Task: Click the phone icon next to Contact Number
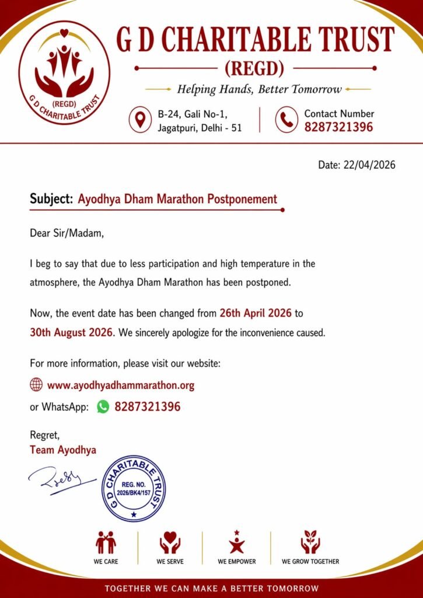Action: pyautogui.click(x=286, y=119)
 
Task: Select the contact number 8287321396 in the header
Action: pyautogui.click(x=338, y=127)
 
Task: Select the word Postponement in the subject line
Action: pyautogui.click(x=243, y=199)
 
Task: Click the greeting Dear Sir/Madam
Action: pyautogui.click(x=67, y=234)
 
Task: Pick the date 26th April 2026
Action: pyautogui.click(x=256, y=313)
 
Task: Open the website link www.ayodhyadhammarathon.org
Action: pyautogui.click(x=121, y=385)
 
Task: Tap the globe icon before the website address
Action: pyautogui.click(x=36, y=385)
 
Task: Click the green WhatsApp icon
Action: pyautogui.click(x=103, y=406)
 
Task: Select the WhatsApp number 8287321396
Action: pyautogui.click(x=148, y=406)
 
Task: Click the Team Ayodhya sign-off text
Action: pyautogui.click(x=63, y=450)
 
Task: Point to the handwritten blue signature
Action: pyautogui.click(x=61, y=480)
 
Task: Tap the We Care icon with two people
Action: pyautogui.click(x=106, y=543)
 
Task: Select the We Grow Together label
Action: pyautogui.click(x=310, y=561)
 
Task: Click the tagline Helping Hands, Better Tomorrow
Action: pyautogui.click(x=259, y=89)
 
